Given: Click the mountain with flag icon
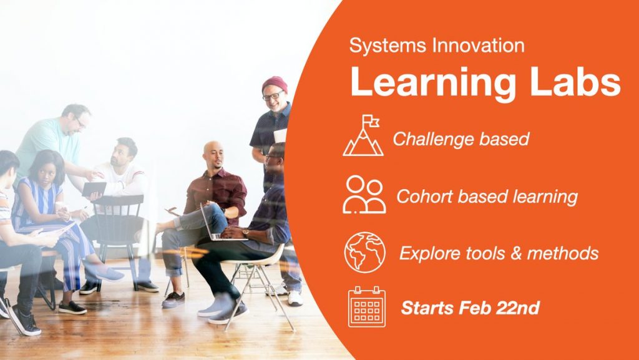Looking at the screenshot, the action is point(363,135).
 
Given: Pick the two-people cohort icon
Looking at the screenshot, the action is point(364,194).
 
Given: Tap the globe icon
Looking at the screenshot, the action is point(364,252).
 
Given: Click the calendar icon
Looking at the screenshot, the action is point(367,306).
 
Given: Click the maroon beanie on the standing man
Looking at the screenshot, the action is point(275,84).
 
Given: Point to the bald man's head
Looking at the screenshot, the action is point(213,155).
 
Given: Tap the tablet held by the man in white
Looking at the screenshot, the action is point(95,189).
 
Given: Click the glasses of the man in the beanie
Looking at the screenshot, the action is point(273,96).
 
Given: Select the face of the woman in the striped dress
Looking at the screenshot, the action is point(47,173).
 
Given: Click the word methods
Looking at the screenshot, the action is point(562,253).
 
